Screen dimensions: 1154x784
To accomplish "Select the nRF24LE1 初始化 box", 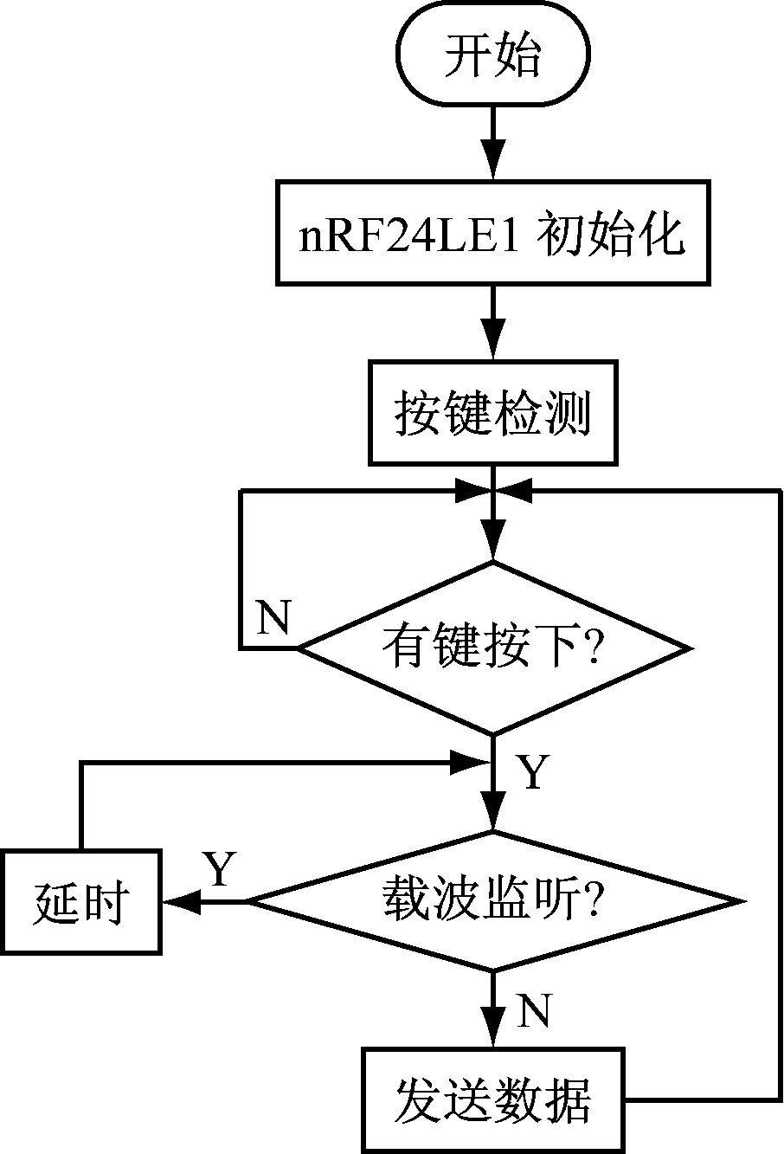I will (492, 232).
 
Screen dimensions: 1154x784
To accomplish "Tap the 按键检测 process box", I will (492, 414).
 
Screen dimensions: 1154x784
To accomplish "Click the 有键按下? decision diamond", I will (492, 648).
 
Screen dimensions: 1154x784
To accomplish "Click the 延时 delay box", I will (80, 902).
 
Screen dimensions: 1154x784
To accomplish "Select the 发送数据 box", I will (492, 1099).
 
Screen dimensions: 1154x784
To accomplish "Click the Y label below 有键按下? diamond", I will (533, 772).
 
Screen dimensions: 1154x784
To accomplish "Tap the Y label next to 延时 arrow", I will (219, 870).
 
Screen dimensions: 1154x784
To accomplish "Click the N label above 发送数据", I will (533, 1011).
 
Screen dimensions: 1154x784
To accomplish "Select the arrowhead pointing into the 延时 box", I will (178, 902).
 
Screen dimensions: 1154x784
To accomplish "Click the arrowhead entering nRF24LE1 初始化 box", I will (492, 165).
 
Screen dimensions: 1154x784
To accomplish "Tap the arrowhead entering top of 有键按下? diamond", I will (492, 548).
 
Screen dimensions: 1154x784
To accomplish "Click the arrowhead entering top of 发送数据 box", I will (492, 1035).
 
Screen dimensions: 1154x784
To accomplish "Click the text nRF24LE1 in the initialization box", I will (409, 234).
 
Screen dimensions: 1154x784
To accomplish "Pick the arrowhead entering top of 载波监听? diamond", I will (492, 817).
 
